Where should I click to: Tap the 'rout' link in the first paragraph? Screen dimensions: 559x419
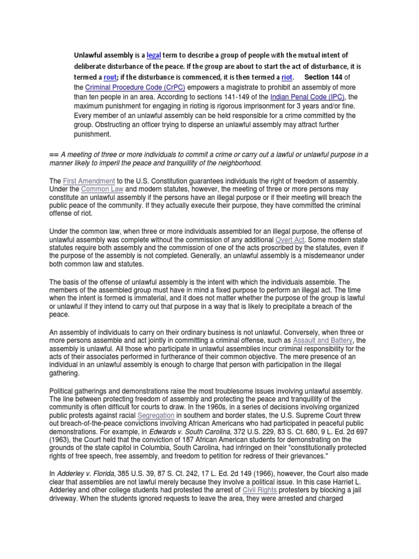(110, 78)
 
